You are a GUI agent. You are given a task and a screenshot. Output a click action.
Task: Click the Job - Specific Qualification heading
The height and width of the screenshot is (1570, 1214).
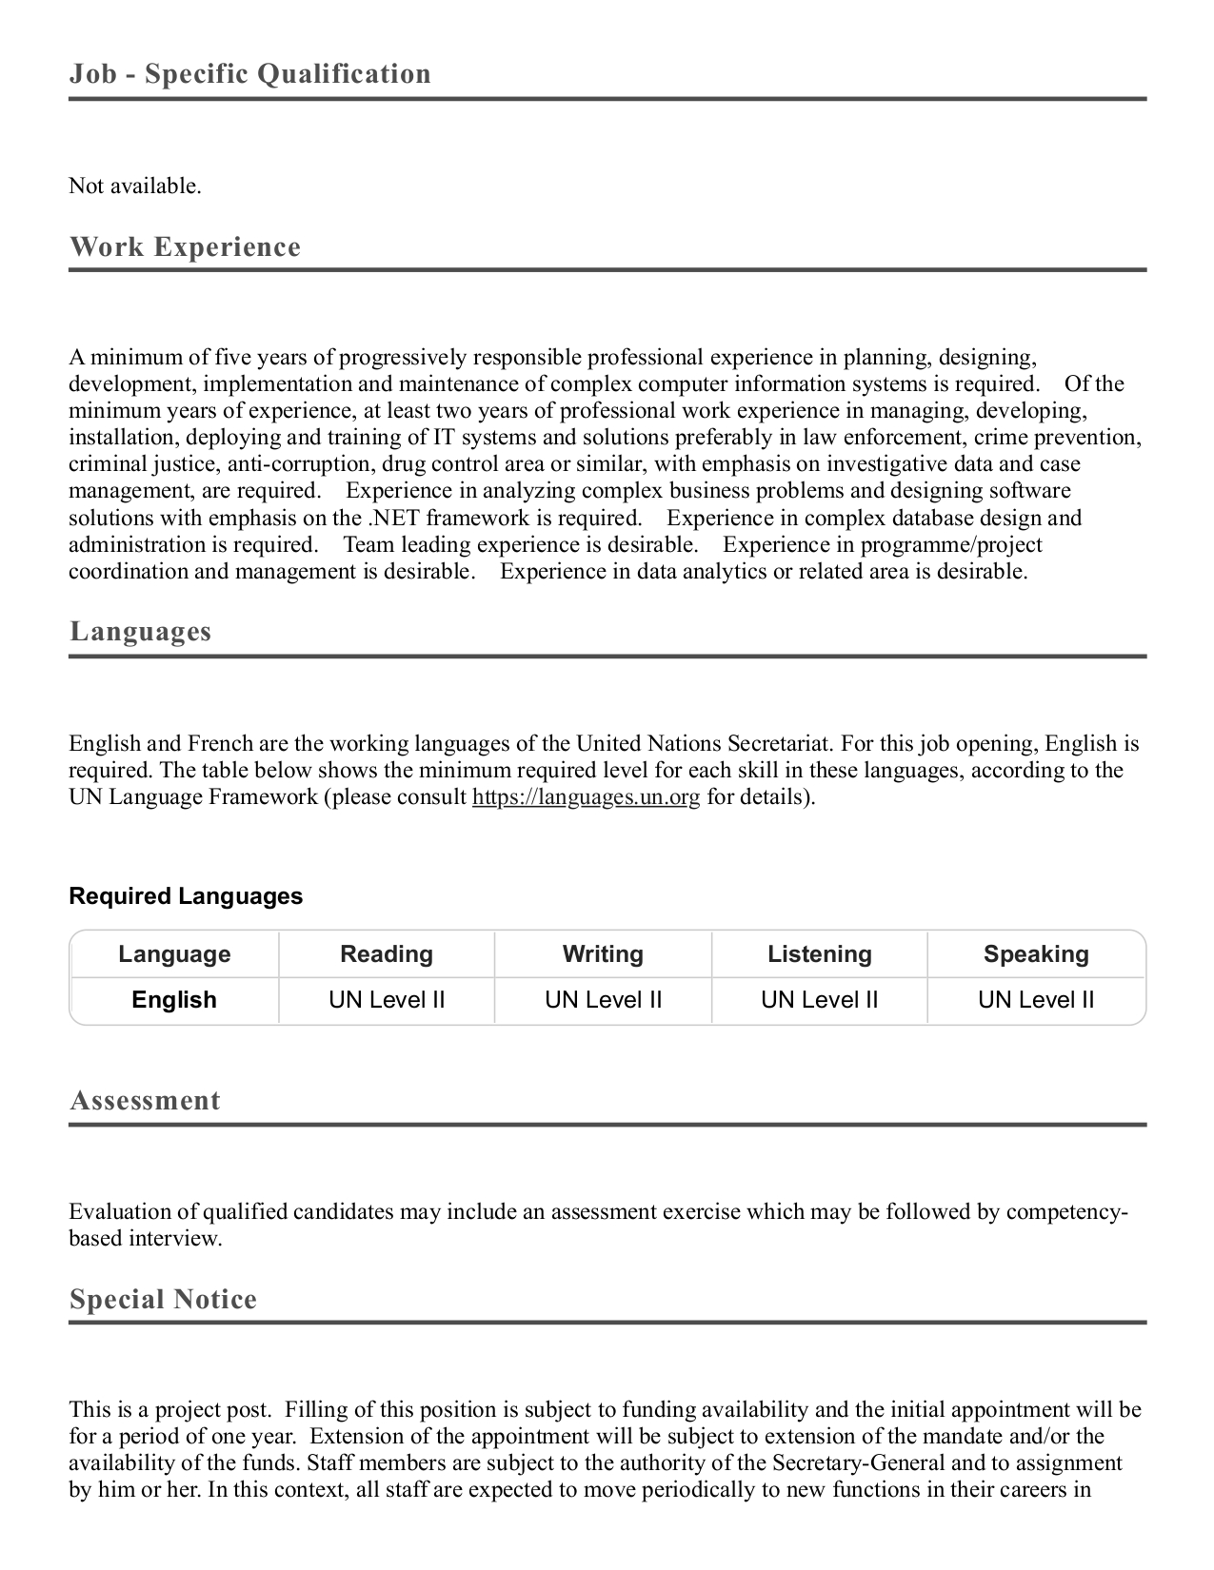[x=249, y=74]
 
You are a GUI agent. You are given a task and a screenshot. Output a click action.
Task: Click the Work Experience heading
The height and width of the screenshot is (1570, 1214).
[x=185, y=247]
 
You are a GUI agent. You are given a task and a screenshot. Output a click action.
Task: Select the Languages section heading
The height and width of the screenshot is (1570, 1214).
[x=140, y=632]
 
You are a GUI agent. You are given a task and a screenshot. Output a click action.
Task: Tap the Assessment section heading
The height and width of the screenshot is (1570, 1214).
[x=145, y=1101]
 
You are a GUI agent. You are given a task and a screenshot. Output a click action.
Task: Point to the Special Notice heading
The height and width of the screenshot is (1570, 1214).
[x=163, y=1300]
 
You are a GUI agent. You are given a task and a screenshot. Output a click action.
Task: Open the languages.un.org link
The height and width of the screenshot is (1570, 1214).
[x=586, y=797]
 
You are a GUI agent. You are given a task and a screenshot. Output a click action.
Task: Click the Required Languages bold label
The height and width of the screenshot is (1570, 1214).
[x=186, y=896]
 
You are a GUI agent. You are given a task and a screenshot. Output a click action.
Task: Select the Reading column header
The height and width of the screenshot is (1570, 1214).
[x=387, y=954]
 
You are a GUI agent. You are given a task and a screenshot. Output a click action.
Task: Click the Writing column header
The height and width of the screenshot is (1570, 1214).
[x=603, y=954]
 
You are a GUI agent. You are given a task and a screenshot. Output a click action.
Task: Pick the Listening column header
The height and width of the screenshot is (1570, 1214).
[x=820, y=954]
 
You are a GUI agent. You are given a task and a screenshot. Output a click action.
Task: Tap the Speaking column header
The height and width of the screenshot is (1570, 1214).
[x=1036, y=954]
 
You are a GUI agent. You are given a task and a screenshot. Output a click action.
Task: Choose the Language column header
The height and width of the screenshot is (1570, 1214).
[x=174, y=954]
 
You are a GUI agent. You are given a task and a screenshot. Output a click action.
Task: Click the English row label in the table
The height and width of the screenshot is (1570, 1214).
[x=174, y=1000]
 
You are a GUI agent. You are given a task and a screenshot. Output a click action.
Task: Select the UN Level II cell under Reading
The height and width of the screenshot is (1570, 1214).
[x=387, y=1000]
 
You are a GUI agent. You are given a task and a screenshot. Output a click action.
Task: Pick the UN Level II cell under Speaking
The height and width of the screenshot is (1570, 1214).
[x=1036, y=1000]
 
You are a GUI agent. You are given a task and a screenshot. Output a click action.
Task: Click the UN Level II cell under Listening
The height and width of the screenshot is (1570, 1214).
[x=820, y=1000]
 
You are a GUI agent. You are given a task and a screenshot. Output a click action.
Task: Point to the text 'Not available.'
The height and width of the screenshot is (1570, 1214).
[x=135, y=186]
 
